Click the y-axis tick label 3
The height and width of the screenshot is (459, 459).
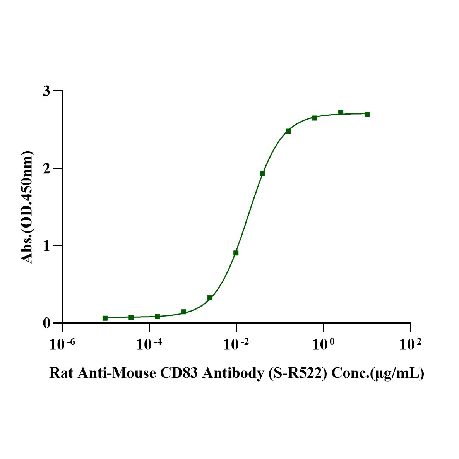[x=47, y=91]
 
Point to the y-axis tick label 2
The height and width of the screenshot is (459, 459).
[x=47, y=168]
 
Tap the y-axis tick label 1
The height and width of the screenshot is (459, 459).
[x=47, y=246]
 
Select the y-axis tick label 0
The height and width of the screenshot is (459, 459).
[x=47, y=323]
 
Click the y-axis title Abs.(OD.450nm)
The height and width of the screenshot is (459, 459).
[x=27, y=208]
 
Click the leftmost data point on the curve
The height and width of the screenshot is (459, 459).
[x=105, y=318]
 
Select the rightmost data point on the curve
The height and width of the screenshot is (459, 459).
[x=367, y=114]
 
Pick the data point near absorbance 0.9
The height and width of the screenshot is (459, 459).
[x=236, y=253]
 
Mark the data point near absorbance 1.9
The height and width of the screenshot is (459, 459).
[x=262, y=173]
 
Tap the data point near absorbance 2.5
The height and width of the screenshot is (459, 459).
[x=288, y=131]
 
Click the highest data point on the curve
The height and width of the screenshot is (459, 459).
[x=341, y=112]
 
